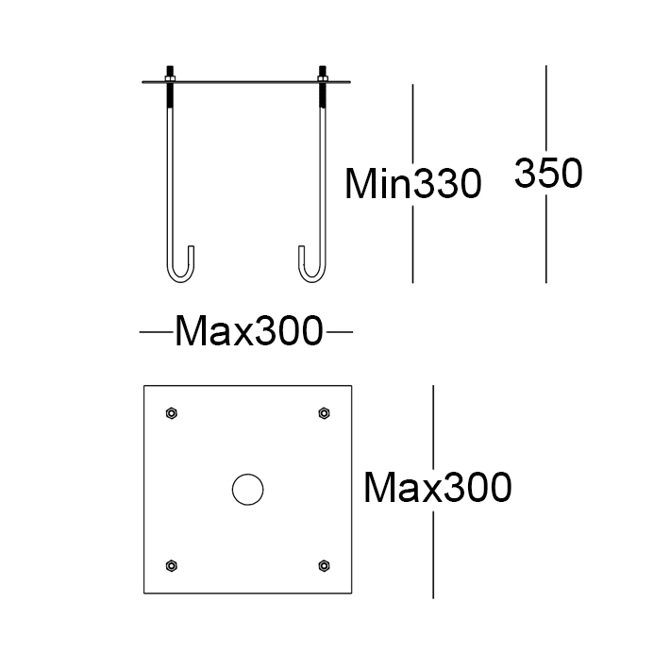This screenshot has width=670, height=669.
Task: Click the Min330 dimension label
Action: coord(413,184)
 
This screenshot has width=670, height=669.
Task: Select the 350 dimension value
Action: coord(548,173)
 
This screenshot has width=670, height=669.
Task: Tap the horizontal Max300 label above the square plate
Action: coord(249,330)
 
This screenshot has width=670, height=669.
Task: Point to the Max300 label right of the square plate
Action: coord(437,488)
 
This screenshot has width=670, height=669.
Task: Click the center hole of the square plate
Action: coord(248,489)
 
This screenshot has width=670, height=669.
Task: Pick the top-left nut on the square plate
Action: coord(172,413)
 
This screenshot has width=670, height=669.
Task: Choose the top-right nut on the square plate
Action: coord(324,413)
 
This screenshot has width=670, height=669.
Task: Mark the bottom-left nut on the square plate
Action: coord(172,565)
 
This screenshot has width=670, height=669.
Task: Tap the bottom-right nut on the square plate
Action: coord(324,565)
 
